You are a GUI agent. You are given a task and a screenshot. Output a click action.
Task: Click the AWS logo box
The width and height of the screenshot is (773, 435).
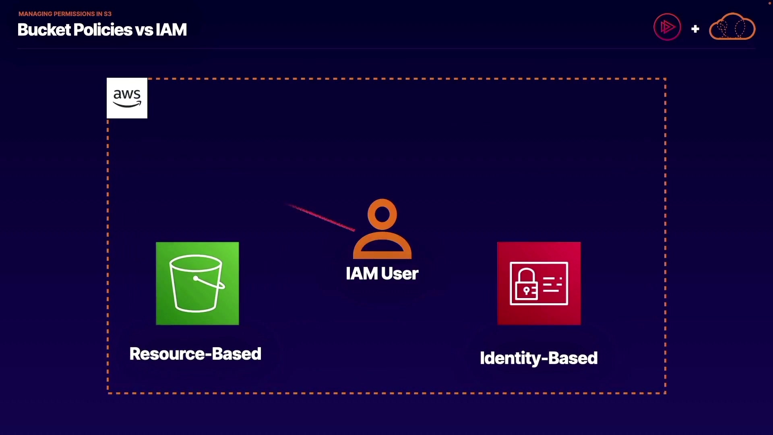(x=127, y=98)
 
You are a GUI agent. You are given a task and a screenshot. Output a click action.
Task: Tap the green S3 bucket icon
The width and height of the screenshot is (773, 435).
(x=197, y=284)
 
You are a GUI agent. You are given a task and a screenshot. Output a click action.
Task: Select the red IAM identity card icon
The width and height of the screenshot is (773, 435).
(x=539, y=284)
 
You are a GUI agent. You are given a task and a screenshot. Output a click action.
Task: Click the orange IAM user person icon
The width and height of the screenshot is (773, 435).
(x=382, y=229)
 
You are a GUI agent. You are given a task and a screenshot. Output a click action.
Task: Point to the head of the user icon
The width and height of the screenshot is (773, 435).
(x=382, y=214)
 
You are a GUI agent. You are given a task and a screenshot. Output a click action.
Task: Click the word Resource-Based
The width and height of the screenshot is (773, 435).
(x=195, y=354)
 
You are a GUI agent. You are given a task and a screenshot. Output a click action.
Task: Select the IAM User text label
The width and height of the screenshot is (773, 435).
(x=382, y=273)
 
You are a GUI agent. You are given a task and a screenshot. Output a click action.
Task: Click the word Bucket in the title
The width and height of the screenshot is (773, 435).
(x=44, y=29)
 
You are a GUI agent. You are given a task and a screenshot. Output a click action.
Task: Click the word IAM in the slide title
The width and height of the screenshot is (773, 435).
(x=171, y=29)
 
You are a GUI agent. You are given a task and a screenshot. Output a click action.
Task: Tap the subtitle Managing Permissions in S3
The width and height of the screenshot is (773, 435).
(x=65, y=14)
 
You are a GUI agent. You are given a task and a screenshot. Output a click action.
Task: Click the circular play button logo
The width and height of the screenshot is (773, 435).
(x=667, y=27)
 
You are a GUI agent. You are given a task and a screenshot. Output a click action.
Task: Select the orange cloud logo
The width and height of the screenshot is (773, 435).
(x=732, y=26)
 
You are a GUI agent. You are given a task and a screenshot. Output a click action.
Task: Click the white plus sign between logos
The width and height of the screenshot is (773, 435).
(x=695, y=29)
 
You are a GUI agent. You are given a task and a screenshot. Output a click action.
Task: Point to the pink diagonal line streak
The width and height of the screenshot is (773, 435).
(x=321, y=217)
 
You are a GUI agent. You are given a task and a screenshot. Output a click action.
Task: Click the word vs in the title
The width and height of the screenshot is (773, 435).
(x=144, y=30)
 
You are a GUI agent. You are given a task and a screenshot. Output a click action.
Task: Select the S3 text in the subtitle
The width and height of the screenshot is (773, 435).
(x=107, y=14)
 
